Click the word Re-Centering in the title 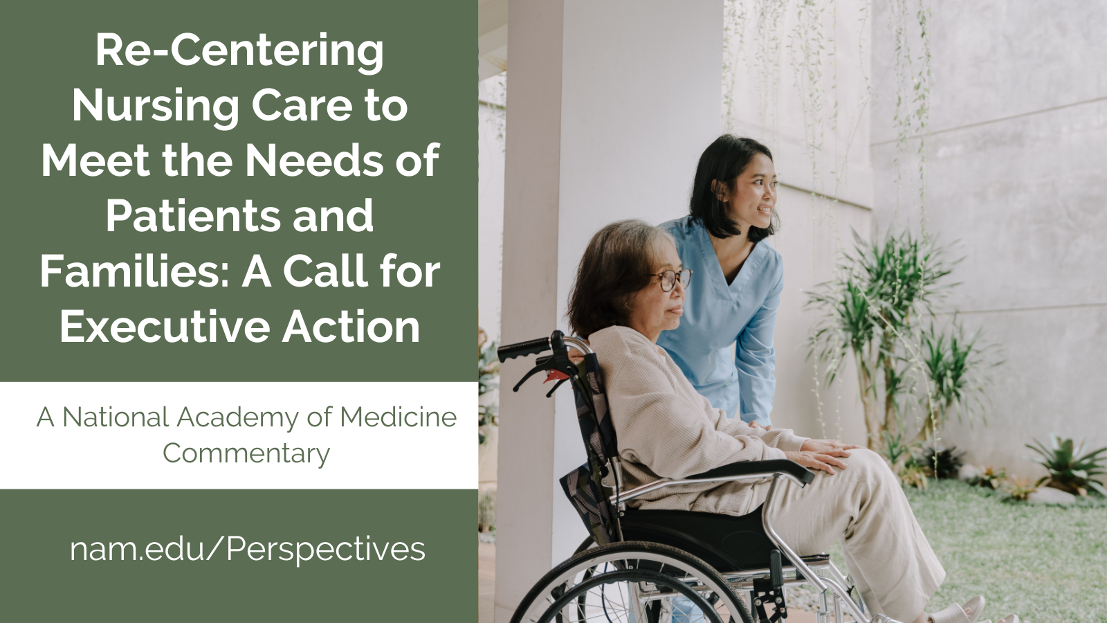(x=239, y=52)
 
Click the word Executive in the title (x=165, y=326)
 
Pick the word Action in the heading (x=351, y=326)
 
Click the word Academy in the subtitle (x=238, y=418)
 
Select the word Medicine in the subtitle (x=398, y=417)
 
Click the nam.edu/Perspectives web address (x=248, y=550)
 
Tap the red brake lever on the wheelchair (x=556, y=377)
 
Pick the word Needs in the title (x=314, y=161)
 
